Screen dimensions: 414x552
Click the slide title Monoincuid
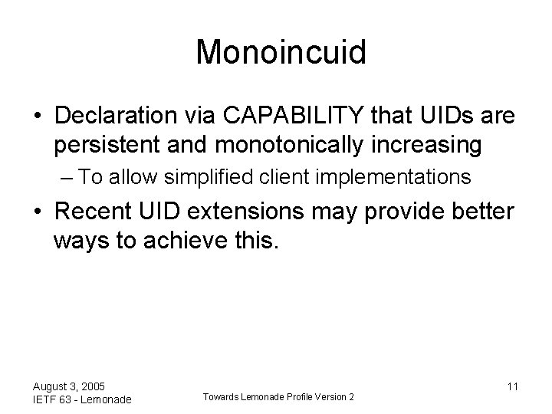point(281,53)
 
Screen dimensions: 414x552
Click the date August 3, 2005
point(70,386)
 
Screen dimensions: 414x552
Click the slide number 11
point(512,386)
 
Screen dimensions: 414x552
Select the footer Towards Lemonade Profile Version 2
point(278,396)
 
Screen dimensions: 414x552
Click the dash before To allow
point(66,178)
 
